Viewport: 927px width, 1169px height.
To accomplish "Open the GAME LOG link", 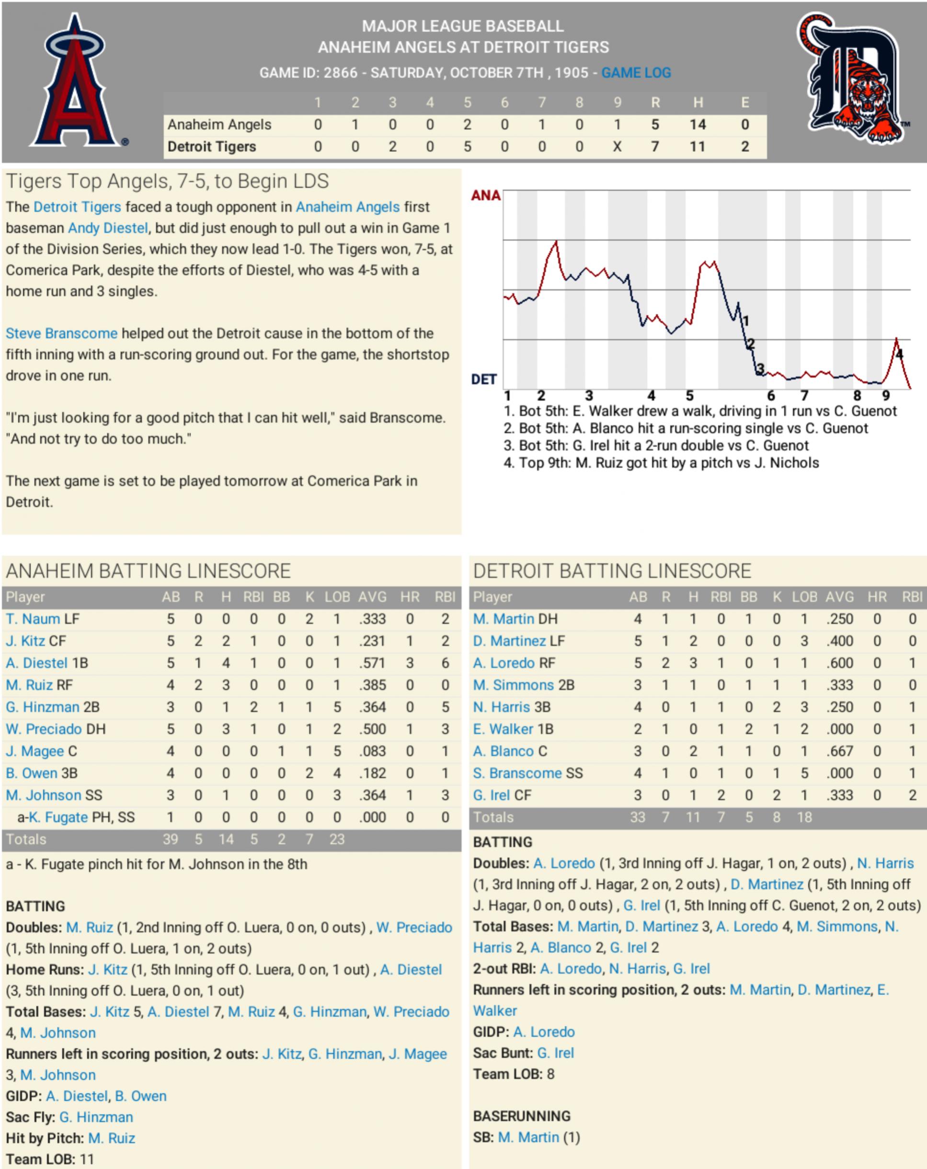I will [636, 73].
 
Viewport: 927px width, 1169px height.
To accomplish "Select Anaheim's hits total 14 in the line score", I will [697, 125].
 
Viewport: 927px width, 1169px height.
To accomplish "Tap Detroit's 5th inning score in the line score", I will [467, 147].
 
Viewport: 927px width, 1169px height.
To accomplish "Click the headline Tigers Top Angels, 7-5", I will [167, 181].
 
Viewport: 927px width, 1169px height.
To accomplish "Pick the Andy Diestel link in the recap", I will [107, 228].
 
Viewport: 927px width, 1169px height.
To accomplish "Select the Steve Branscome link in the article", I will [61, 333].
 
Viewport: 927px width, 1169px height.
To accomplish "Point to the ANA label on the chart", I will [485, 196].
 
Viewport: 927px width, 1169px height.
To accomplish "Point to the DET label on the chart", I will [483, 380].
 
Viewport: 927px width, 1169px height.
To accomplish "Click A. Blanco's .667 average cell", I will [840, 751].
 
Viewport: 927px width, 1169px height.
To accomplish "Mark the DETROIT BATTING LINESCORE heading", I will [612, 571].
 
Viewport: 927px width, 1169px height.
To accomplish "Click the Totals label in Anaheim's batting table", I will [26, 839].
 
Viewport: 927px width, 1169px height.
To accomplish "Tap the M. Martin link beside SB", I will [528, 1137].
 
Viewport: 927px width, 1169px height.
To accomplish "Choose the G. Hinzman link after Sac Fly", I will [96, 1117].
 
